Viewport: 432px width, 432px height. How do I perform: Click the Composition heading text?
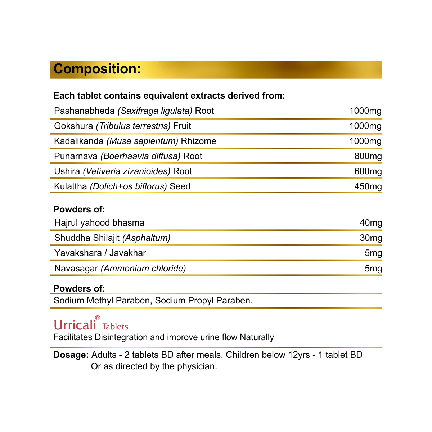tap(97, 69)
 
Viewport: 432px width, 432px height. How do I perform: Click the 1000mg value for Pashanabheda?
tap(365, 111)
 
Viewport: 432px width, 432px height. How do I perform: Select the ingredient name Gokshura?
tap(73, 126)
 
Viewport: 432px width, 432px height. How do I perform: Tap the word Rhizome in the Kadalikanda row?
tap(198, 141)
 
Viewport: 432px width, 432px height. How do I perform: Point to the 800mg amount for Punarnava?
tap(368, 156)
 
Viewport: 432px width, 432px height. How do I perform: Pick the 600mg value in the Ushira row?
tap(368, 171)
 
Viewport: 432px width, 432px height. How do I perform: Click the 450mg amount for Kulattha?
tap(368, 186)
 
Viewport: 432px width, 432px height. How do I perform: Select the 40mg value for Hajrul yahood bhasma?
tap(371, 223)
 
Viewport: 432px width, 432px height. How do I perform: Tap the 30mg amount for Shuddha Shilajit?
tap(371, 238)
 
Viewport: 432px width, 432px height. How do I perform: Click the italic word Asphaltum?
tap(147, 238)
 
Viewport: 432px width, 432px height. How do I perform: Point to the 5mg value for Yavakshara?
tap(373, 253)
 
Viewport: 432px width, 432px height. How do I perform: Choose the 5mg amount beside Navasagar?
tap(373, 269)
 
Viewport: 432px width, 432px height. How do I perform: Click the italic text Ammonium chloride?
tap(143, 269)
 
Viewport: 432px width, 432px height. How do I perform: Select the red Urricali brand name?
tap(75, 325)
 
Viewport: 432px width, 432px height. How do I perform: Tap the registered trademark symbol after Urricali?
tap(98, 318)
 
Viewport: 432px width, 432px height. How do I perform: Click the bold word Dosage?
tap(71, 355)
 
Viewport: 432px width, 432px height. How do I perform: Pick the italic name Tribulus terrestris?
tap(133, 126)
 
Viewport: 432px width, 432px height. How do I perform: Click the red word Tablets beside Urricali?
tap(115, 327)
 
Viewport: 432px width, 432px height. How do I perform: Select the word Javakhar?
tap(128, 253)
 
